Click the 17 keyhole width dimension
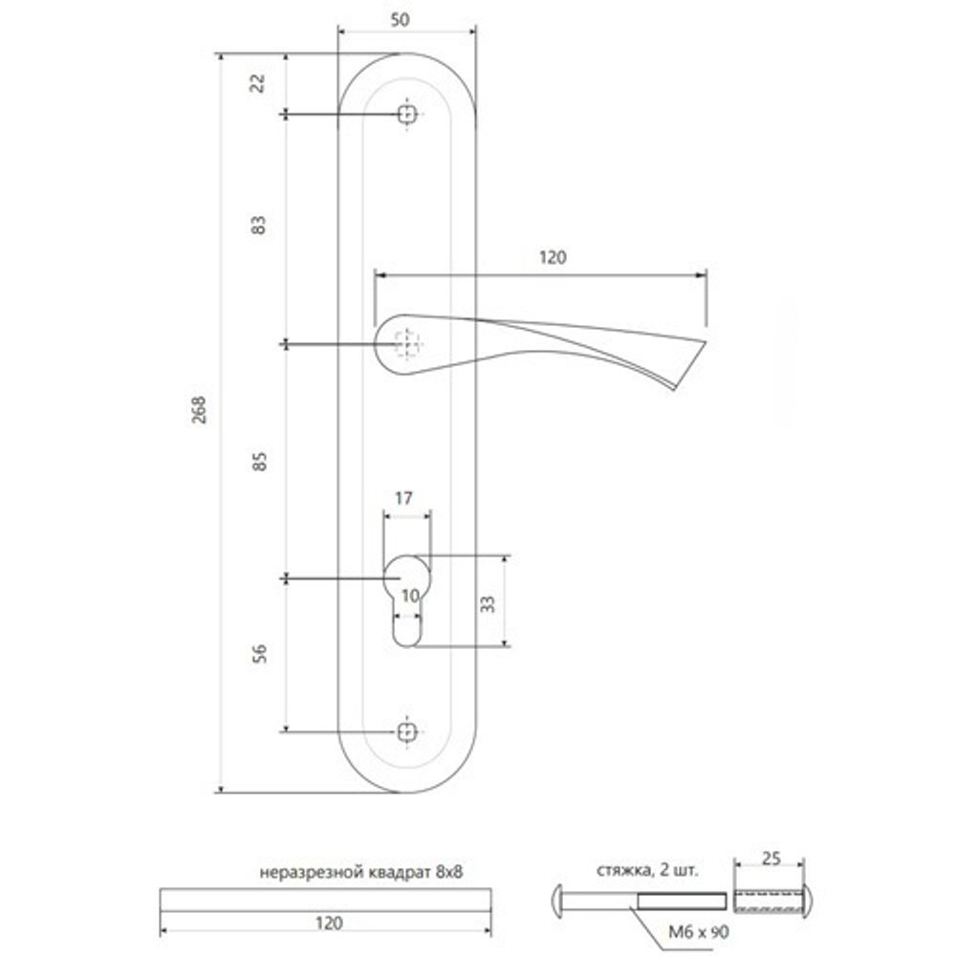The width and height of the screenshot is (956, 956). (403, 498)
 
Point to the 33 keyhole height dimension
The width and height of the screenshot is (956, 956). (486, 603)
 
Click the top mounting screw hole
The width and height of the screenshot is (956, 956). (408, 115)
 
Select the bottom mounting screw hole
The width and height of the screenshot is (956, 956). (408, 731)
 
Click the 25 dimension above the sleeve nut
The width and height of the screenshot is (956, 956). (772, 858)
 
